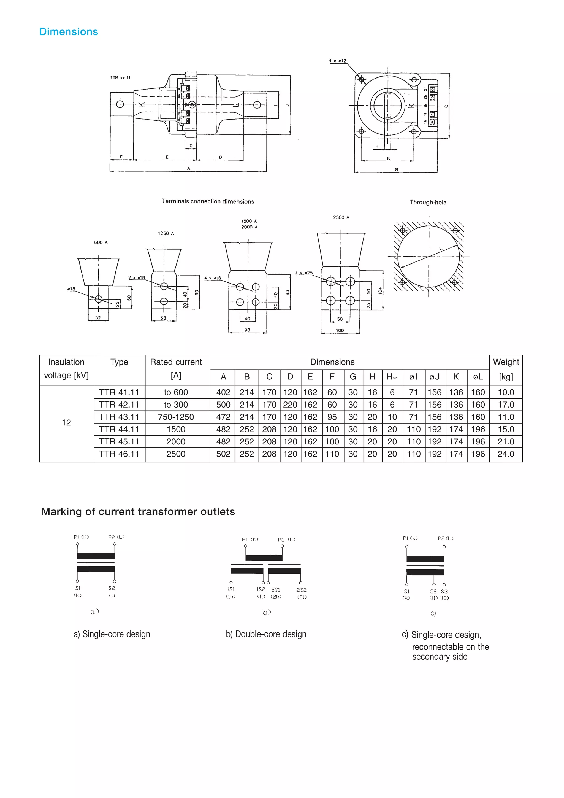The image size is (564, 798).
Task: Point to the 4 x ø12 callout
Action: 338,61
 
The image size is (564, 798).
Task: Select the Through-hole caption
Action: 428,202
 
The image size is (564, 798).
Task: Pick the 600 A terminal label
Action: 101,242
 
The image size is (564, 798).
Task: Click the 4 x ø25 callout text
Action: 304,273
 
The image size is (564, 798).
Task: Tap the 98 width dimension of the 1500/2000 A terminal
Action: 247,330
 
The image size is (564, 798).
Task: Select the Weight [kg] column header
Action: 506,369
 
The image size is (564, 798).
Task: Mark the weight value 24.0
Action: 506,454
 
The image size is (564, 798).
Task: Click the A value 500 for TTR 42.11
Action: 223,405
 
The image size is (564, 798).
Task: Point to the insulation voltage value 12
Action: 66,423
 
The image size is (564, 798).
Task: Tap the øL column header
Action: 478,377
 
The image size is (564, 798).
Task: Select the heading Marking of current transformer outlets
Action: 138,512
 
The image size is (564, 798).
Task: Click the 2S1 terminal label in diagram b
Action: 276,589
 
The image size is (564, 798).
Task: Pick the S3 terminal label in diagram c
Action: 444,591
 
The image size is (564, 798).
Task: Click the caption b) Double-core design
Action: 266,634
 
